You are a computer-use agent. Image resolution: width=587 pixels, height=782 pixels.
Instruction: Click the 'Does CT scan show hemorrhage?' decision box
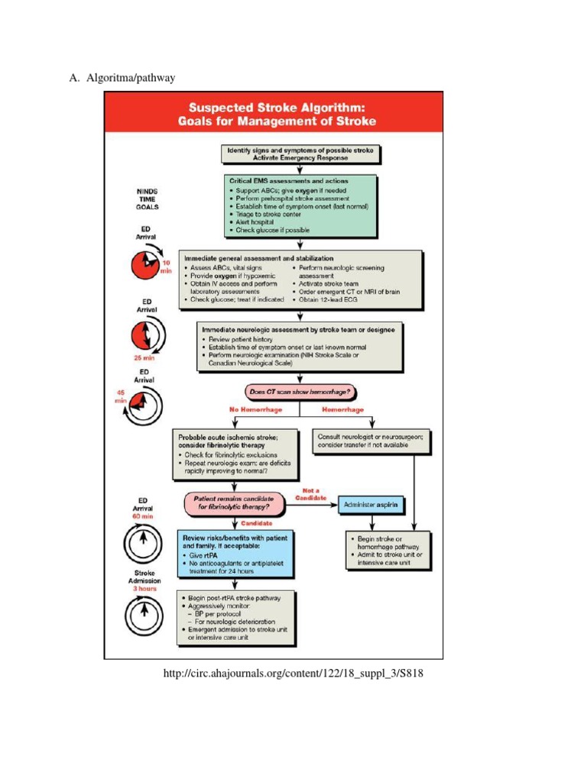coord(301,392)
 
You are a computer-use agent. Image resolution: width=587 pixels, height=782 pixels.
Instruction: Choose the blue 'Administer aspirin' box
coord(371,505)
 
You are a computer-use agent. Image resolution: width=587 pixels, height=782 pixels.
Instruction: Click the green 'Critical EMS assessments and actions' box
coord(299,206)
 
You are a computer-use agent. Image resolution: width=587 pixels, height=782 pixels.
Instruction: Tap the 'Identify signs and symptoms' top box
coord(300,154)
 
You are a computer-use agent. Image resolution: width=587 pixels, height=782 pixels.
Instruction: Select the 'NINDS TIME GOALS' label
coord(147,199)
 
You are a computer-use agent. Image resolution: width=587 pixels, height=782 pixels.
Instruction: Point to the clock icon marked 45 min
coord(143,402)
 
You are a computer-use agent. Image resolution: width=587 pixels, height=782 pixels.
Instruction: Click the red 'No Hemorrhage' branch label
coord(255,409)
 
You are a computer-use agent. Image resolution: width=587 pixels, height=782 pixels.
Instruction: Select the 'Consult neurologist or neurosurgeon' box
coord(371,441)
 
